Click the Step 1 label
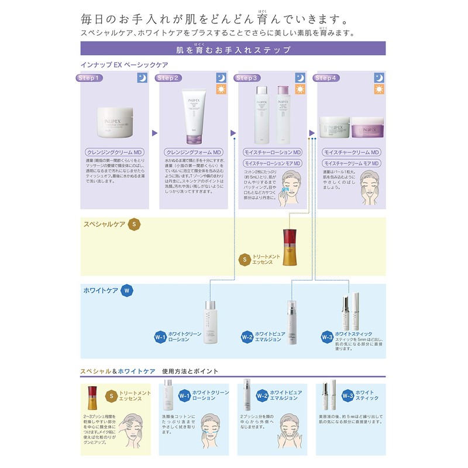coord(91,77)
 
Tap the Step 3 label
coord(248,77)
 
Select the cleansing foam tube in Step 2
coord(194,116)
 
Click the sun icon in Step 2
coord(221,90)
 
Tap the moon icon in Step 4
coord(378,77)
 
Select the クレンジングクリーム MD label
coord(115,152)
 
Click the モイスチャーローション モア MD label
coord(272,163)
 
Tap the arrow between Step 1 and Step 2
coord(154,133)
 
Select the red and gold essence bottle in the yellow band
coord(291,247)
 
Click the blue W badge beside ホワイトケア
coord(128,290)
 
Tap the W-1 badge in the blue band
coord(160,337)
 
